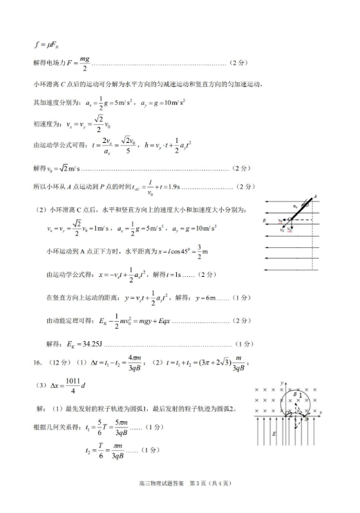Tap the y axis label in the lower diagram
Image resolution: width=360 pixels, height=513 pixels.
pyautogui.click(x=281, y=383)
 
